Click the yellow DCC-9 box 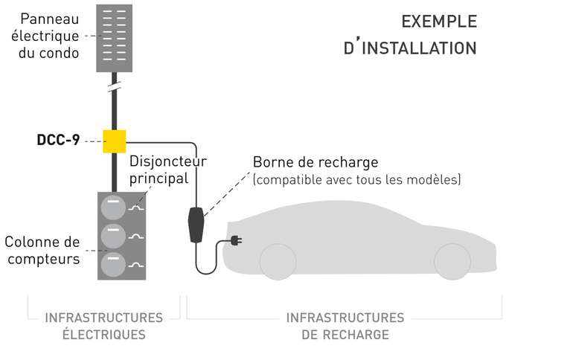tap(114, 141)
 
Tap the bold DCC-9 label tap(58, 139)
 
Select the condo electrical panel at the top tap(114, 38)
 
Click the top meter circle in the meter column tap(114, 208)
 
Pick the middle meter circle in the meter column tap(114, 235)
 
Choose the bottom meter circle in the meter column tap(114, 264)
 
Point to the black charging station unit tap(197, 225)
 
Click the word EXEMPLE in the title tap(439, 22)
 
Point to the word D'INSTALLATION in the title tap(410, 48)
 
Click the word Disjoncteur tap(168, 161)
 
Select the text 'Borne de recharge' tap(316, 162)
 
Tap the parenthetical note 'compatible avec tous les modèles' tap(356, 180)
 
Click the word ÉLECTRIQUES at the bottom tap(103, 335)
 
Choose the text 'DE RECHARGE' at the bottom tap(345, 335)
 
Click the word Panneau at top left tap(50, 19)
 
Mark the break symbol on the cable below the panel tap(114, 87)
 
